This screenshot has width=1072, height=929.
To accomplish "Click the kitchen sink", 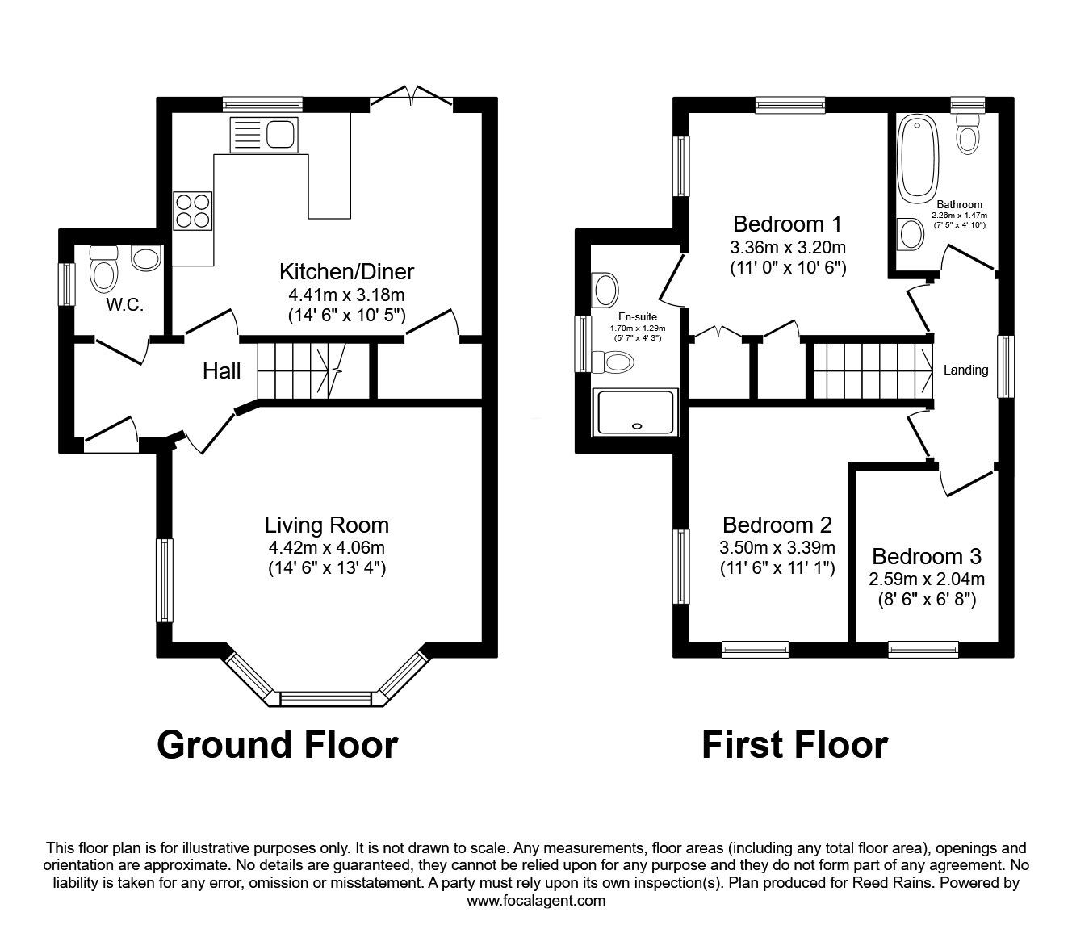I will (x=263, y=134).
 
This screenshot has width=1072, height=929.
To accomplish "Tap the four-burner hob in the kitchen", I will (x=192, y=211).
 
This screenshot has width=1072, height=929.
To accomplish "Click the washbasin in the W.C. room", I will (x=146, y=258).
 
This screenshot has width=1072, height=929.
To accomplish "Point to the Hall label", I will (x=221, y=371).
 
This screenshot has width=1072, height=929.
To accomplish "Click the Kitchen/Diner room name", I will (x=346, y=271).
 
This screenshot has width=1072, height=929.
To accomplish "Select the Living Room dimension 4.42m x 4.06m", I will (x=327, y=548).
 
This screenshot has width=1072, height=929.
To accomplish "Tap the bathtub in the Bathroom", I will (x=918, y=158).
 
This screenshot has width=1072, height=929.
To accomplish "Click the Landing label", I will (x=965, y=370).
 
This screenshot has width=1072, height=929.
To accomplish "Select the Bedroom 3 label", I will (x=927, y=557).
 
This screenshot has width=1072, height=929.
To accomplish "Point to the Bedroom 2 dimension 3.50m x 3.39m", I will (x=777, y=548).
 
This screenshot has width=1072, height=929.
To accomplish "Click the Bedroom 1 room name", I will (x=787, y=224).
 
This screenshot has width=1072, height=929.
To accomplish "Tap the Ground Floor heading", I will (x=277, y=744).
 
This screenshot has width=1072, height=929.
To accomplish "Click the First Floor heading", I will (x=794, y=744).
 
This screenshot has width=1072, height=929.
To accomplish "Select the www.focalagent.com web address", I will (x=536, y=901).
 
